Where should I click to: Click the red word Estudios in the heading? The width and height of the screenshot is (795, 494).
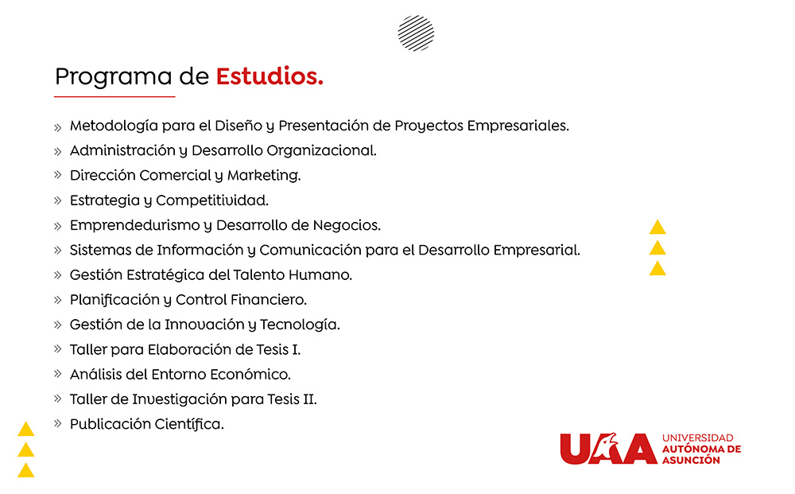tap(270, 76)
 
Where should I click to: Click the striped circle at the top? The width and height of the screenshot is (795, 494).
tap(417, 33)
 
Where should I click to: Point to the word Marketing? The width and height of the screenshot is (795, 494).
tap(264, 176)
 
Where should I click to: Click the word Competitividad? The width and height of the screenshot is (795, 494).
tap(212, 200)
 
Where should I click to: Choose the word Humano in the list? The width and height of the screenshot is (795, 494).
tap(320, 275)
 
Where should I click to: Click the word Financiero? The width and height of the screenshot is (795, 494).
tap(268, 300)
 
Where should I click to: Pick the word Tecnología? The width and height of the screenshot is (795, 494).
tap(300, 325)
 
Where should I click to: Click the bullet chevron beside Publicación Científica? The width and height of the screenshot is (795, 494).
tap(58, 423)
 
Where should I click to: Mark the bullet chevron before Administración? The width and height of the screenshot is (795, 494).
tap(58, 152)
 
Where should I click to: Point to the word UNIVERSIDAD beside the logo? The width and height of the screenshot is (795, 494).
tap(698, 438)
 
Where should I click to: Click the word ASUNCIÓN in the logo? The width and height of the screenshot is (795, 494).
tap(691, 460)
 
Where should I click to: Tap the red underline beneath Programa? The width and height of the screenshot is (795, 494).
tap(114, 96)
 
